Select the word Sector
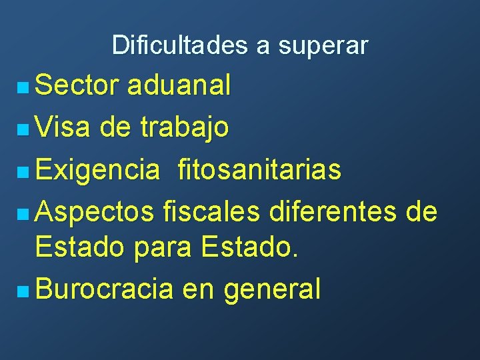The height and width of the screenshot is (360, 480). click(x=77, y=86)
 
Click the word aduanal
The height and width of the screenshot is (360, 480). click(x=179, y=86)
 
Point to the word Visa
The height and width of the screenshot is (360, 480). click(x=63, y=127)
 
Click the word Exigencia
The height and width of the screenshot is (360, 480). click(x=97, y=171)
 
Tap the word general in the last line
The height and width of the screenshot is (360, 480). click(x=273, y=290)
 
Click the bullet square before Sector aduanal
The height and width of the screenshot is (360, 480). click(x=23, y=87)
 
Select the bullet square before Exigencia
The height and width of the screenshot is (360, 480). click(x=23, y=171)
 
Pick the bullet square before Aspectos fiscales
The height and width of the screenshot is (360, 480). click(x=23, y=213)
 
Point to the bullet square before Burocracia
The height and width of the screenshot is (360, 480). click(x=23, y=290)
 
